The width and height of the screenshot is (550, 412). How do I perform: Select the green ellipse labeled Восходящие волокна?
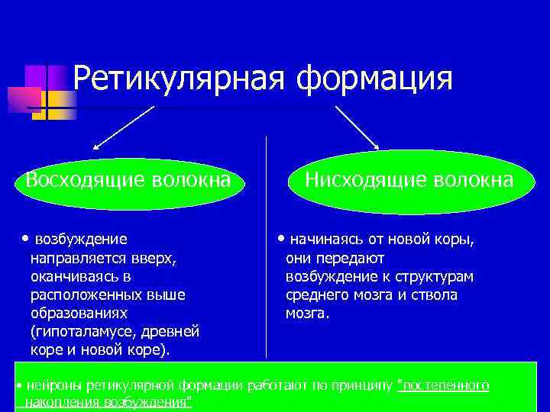click(x=128, y=181)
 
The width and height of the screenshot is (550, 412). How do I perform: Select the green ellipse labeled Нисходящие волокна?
click(x=409, y=181)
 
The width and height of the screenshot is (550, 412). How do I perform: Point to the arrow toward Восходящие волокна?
click(x=122, y=127)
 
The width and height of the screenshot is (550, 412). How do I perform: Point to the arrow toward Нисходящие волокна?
click(x=357, y=127)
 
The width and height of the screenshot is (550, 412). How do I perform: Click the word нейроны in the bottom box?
click(x=49, y=386)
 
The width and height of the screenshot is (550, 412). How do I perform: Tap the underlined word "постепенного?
click(x=444, y=386)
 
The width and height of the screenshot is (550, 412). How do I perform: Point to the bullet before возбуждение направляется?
click(x=27, y=239)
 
